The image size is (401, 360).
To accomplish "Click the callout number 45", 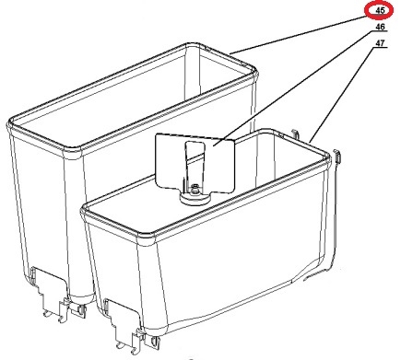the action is point(380,10).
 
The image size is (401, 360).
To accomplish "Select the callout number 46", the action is point(380,27).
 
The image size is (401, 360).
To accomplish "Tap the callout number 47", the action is point(380,43).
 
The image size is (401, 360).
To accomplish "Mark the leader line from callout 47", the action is point(342,95).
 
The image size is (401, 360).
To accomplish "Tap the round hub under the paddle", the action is point(195,198).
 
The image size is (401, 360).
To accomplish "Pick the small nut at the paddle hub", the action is point(195,191).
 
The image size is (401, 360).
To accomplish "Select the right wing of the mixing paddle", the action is point(219,166).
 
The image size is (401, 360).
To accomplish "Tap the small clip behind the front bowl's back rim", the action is point(296,134).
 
